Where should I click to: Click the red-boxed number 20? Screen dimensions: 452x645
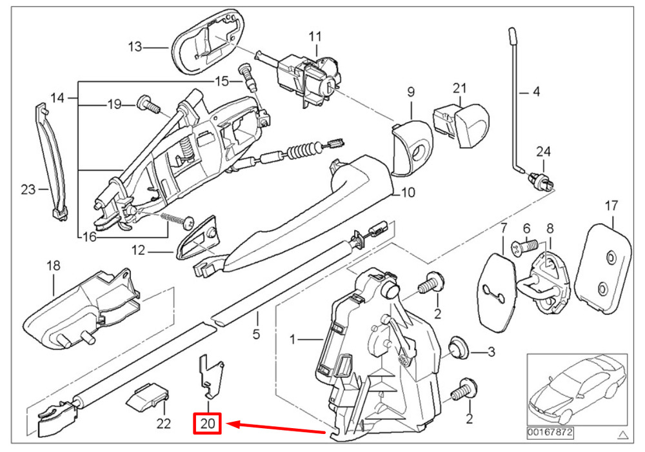coord(208,424)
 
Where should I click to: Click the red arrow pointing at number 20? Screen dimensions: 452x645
coord(277,427)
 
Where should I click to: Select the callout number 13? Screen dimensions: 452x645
coord(134,47)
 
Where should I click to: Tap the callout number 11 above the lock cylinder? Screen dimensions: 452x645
coord(314,36)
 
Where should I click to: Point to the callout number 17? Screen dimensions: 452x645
coord(611,206)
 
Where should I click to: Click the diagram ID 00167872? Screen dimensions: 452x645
coord(550,431)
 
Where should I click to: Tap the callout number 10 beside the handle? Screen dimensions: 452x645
coord(408,192)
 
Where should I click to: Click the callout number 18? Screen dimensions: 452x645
coord(53,266)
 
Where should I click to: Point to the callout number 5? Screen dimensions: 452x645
coord(256,334)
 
